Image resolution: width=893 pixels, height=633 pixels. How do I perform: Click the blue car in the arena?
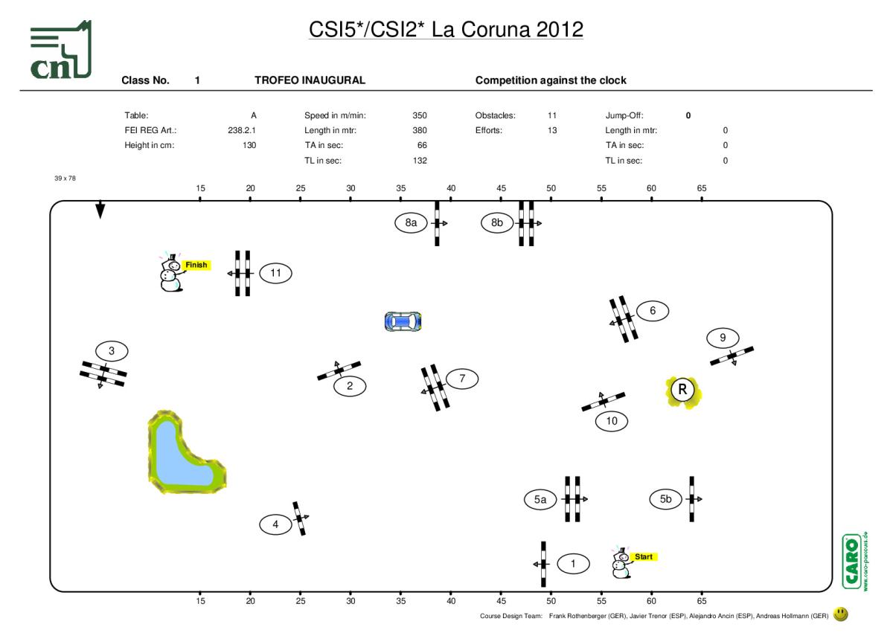pos(403,321)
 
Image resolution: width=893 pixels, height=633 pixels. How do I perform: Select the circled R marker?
pos(683,391)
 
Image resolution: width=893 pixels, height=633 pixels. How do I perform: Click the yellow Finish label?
pos(196,265)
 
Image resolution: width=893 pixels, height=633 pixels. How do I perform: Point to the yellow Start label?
pos(643,556)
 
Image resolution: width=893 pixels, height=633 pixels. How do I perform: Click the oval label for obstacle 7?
pos(462,379)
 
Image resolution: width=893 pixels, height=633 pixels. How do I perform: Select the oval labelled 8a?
pos(411,222)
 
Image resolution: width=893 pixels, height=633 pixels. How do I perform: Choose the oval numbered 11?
pos(276,273)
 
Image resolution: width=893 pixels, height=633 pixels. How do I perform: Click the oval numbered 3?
pos(112,350)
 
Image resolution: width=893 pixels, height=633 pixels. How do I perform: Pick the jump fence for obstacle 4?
pos(300,518)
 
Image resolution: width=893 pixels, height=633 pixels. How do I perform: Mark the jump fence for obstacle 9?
pos(732,356)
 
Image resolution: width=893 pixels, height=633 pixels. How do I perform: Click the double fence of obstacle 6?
pos(624,320)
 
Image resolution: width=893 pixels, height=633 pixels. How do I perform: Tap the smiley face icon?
pos(841,614)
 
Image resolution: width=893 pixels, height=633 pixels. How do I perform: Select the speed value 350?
pos(420,116)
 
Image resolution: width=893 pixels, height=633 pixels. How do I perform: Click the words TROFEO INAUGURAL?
pos(310,80)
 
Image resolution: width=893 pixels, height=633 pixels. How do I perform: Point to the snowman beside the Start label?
pos(620,563)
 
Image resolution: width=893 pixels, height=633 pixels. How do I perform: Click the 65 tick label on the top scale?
pos(702,188)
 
